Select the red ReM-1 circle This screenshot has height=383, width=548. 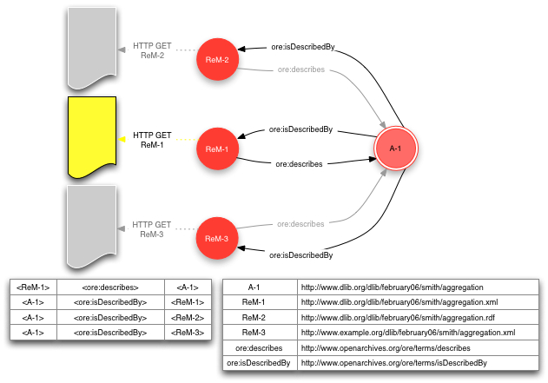coord(216,149)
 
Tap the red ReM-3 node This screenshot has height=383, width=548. coord(216,238)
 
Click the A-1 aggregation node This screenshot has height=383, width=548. coord(396,149)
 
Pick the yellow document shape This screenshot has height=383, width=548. coord(91,137)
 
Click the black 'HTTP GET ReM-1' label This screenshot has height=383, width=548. coord(153,141)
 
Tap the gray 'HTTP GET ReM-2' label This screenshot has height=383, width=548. coord(153,50)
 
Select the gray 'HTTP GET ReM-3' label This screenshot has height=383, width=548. coord(153,229)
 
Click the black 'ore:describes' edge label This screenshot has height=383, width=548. coord(299,163)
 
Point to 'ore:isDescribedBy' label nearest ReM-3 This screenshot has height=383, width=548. coord(300,255)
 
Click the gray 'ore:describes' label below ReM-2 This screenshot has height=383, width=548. coord(300,70)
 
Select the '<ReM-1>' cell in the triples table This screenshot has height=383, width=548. coord(33,287)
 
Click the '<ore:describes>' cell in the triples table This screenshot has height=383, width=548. coord(110,287)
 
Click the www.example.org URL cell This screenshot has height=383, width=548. coord(407,333)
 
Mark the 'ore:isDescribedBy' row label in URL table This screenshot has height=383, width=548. coord(259,363)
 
